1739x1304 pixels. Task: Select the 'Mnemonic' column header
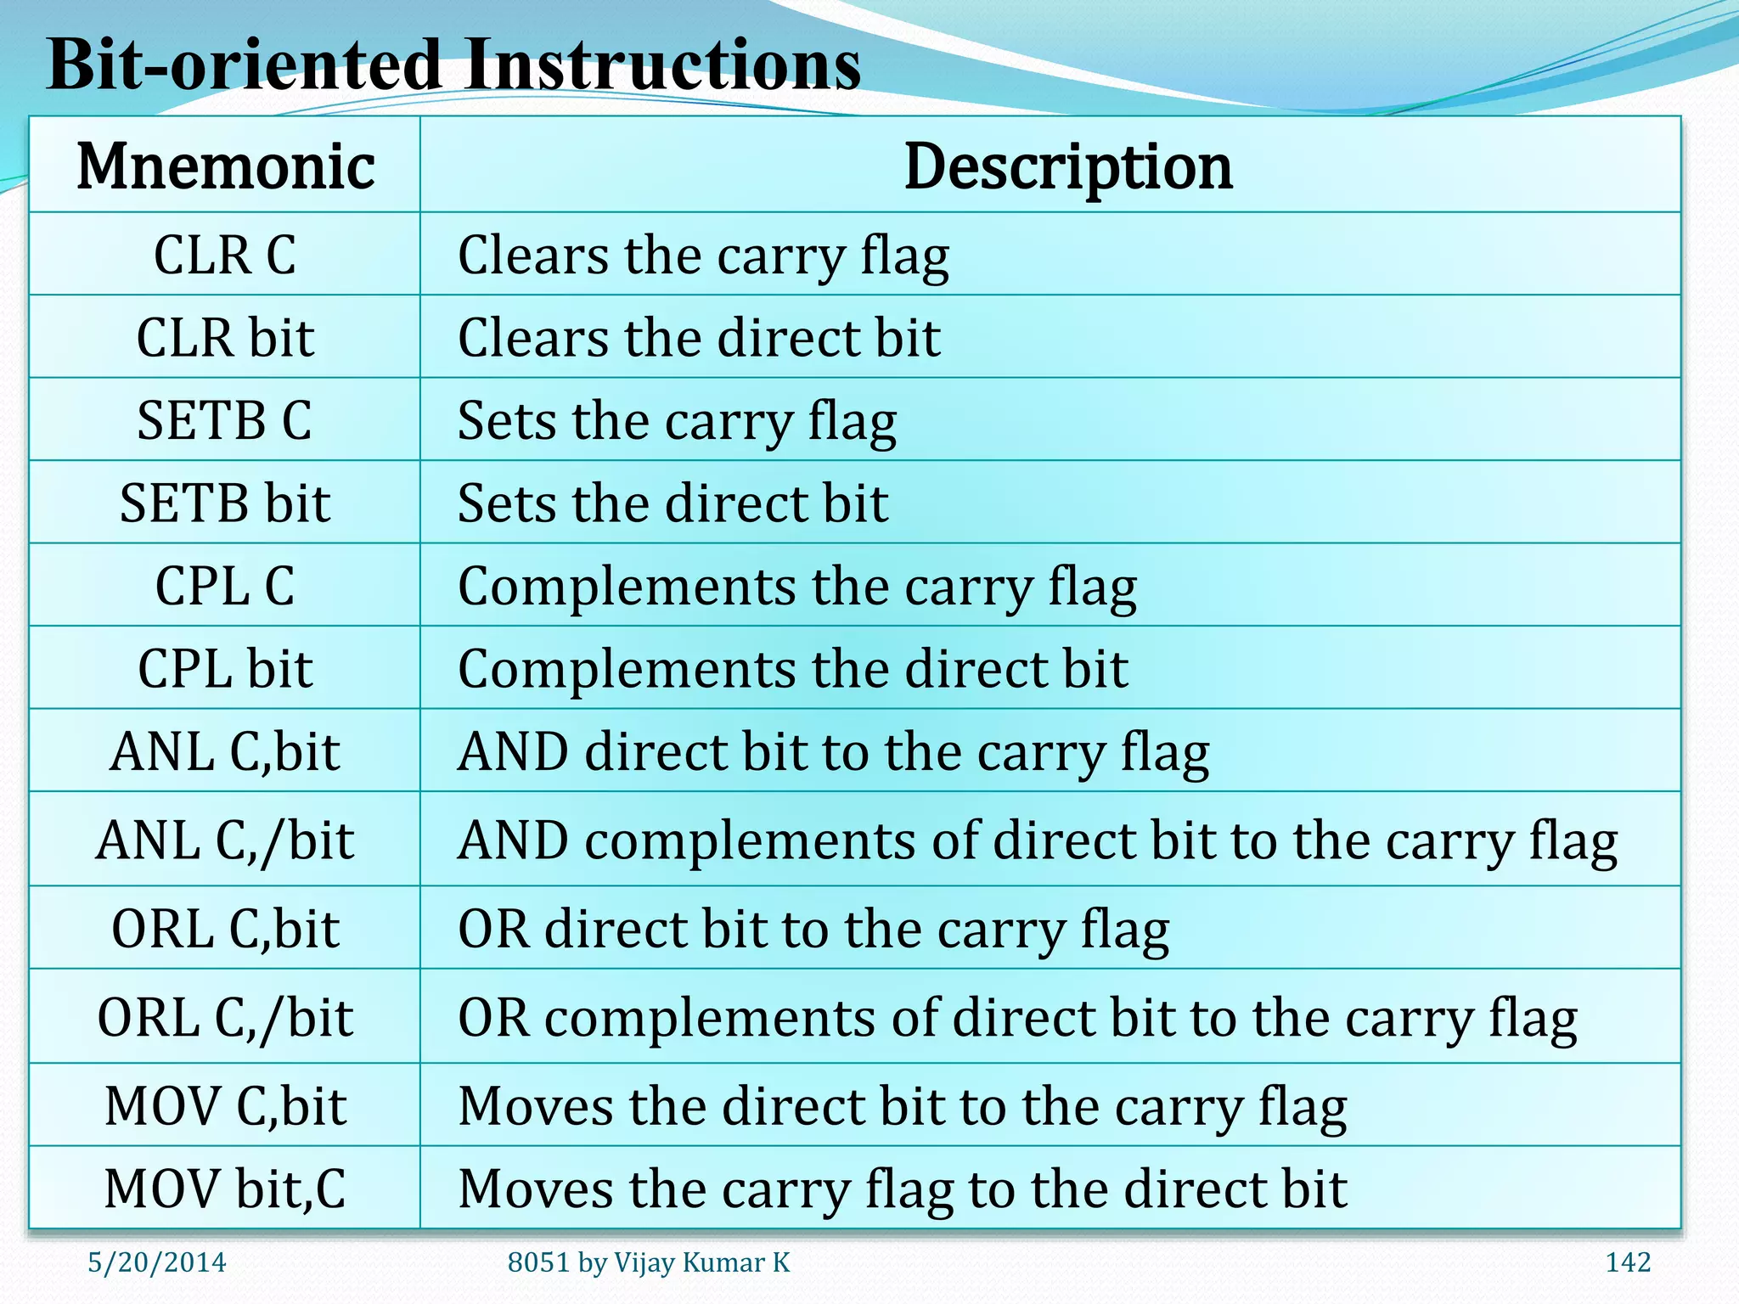click(225, 166)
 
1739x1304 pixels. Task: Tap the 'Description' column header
click(1067, 166)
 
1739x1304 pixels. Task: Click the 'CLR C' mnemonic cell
click(225, 255)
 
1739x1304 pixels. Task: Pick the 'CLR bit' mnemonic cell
click(225, 338)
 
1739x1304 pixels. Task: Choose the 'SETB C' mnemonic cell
click(225, 420)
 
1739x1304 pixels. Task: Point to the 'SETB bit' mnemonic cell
click(225, 503)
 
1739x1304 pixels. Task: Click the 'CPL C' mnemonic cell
click(225, 586)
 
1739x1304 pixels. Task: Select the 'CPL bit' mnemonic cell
click(225, 668)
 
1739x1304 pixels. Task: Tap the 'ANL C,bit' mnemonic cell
click(225, 751)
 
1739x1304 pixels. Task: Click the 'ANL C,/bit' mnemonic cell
click(225, 840)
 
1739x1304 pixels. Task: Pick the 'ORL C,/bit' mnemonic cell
click(225, 1017)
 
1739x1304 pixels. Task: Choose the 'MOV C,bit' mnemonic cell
click(225, 1105)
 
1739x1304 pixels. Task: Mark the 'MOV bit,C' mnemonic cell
click(225, 1189)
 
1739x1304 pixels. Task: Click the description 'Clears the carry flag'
click(703, 256)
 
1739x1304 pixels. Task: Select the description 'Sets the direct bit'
click(673, 503)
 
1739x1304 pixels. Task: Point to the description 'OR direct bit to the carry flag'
click(813, 929)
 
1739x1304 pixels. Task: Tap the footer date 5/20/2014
click(157, 1262)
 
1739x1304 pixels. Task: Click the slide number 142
click(1628, 1262)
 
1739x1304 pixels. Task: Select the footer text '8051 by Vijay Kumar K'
click(649, 1262)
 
